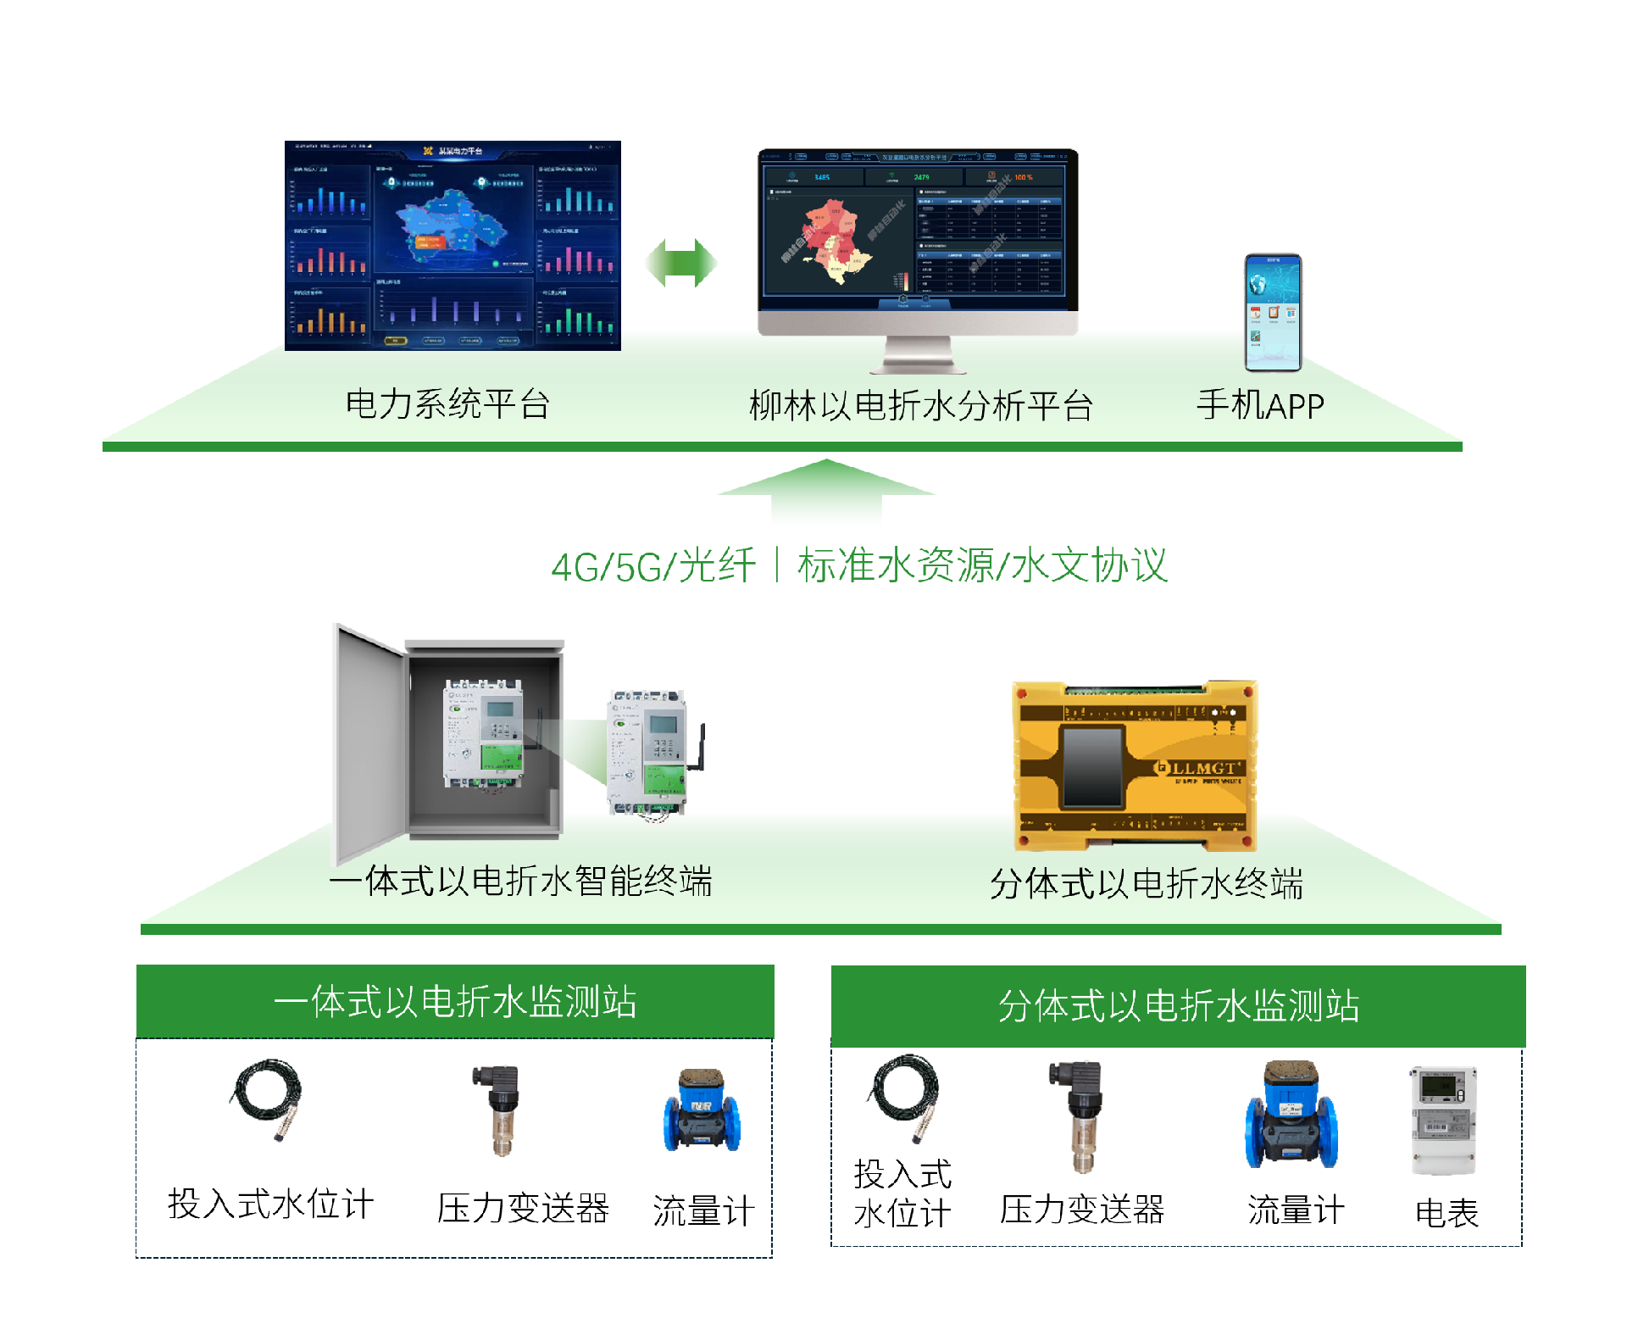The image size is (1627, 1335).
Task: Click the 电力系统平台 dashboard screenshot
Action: click(453, 246)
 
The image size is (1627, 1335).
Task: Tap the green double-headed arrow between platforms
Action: click(681, 263)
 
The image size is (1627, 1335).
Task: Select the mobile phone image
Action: click(1272, 312)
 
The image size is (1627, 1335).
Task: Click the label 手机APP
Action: click(1259, 406)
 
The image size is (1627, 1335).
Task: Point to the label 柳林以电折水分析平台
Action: click(920, 406)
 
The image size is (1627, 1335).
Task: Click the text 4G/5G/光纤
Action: click(652, 566)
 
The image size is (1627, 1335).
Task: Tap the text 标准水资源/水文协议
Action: click(982, 565)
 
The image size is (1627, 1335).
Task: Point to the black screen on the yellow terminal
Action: click(1092, 766)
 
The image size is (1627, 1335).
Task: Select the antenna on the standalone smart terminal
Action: click(700, 746)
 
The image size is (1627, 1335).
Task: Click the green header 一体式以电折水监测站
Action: click(455, 1002)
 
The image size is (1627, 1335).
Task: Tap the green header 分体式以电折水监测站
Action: click(1178, 1006)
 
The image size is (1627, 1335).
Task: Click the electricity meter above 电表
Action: click(1443, 1120)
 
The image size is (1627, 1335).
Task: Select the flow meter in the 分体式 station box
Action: click(1291, 1115)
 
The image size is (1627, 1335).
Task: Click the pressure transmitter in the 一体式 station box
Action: click(503, 1110)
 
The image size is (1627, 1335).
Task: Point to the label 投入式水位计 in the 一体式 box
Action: click(270, 1204)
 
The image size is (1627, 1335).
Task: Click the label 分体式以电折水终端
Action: click(1146, 884)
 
